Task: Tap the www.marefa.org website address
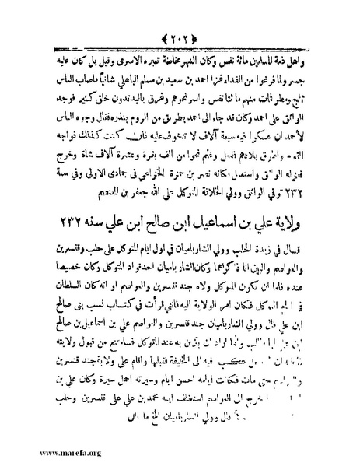click(x=40, y=450)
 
